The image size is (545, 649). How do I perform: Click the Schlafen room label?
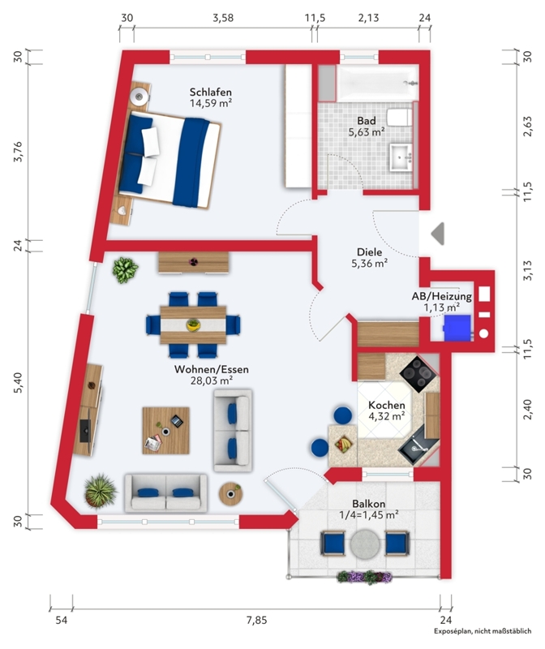210,92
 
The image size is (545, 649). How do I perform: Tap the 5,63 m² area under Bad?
367,132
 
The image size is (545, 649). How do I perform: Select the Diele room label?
370,251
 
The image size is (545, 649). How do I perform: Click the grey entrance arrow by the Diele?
438,234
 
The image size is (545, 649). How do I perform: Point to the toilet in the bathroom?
399,117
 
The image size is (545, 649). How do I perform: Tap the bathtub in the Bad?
377,84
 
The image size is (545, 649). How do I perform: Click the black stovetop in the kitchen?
418,374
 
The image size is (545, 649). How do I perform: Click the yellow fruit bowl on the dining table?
193,324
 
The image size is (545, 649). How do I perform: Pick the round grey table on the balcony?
365,544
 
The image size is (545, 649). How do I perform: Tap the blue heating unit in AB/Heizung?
457,328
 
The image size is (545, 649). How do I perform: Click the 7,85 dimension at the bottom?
257,620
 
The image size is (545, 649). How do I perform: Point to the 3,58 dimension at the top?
223,18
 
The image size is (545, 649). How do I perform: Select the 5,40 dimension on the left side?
18,382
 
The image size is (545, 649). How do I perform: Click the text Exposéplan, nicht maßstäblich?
483,631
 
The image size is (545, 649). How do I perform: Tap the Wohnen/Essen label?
212,369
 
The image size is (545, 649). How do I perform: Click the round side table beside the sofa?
230,493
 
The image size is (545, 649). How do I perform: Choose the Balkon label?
369,504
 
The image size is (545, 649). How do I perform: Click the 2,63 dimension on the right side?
527,126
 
